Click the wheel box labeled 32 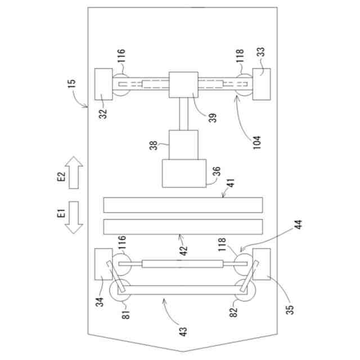click(103, 84)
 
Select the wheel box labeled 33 click(262, 84)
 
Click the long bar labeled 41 click(183, 204)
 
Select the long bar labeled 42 click(183, 227)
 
